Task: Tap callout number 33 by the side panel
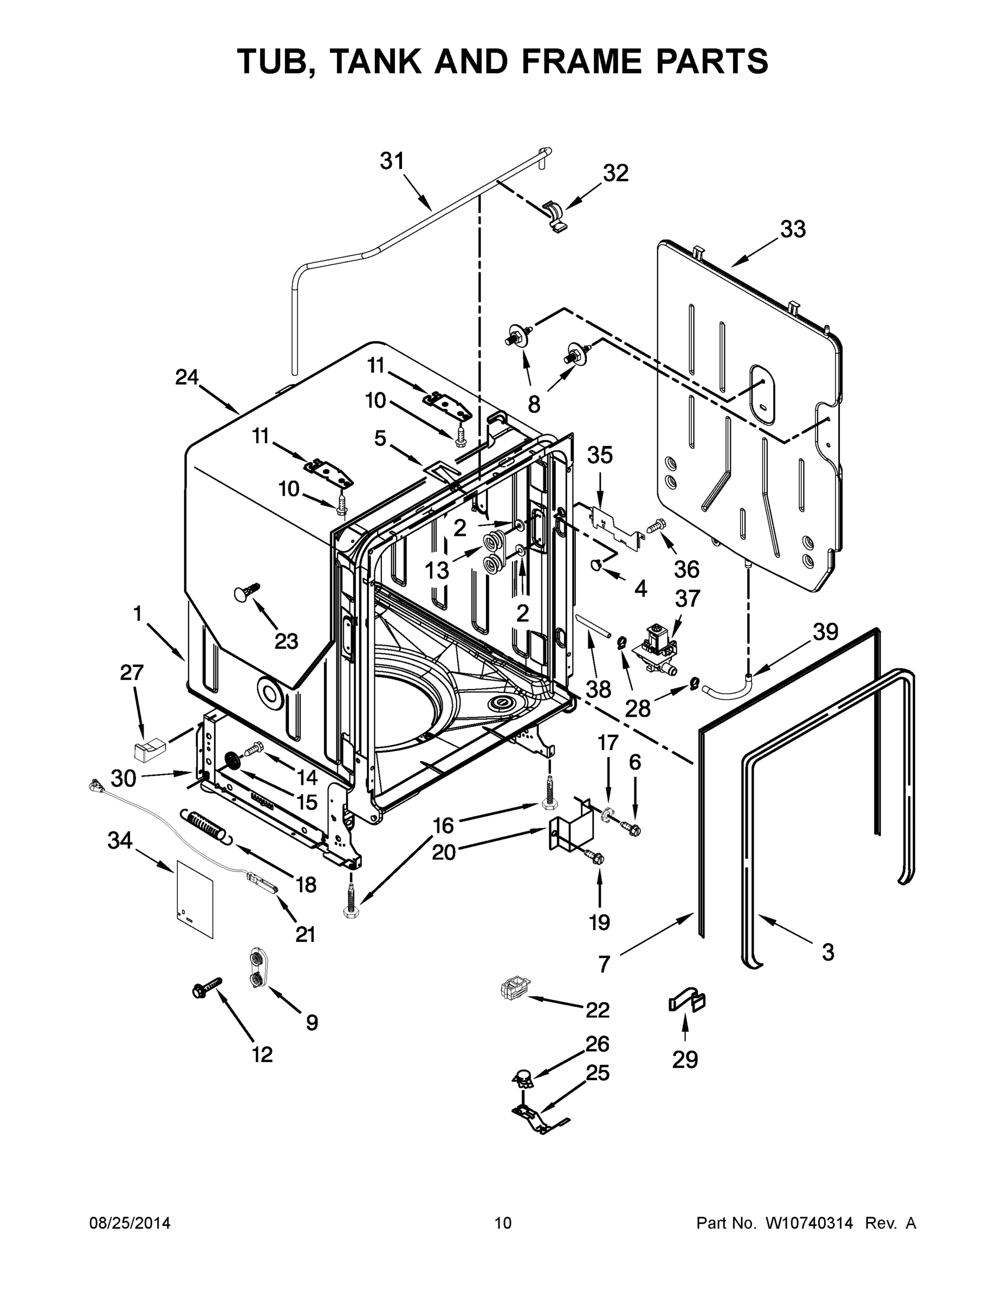[793, 229]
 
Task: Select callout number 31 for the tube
[392, 161]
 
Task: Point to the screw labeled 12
[205, 987]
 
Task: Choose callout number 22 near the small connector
[597, 1010]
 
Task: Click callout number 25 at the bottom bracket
[598, 1072]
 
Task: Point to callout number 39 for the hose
[825, 632]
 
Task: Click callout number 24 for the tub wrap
[186, 377]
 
